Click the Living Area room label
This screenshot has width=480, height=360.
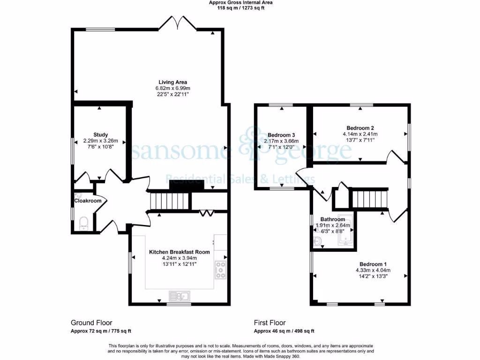pyautogui.click(x=172, y=82)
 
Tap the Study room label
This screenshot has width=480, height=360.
pyautogui.click(x=101, y=134)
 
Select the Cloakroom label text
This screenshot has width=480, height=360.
pyautogui.click(x=88, y=201)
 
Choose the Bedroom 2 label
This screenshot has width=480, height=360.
pyautogui.click(x=360, y=127)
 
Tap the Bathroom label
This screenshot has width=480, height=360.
pyautogui.click(x=333, y=219)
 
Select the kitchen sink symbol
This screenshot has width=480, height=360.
pyautogui.click(x=180, y=296)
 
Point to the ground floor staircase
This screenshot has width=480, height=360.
pyautogui.click(x=170, y=200)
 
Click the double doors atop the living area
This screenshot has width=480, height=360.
pyautogui.click(x=180, y=22)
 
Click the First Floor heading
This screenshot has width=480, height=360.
pyautogui.click(x=270, y=322)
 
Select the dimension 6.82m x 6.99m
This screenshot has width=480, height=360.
pyautogui.click(x=172, y=88)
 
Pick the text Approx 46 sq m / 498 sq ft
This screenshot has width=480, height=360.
pyautogui.click(x=284, y=331)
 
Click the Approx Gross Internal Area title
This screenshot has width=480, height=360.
pyautogui.click(x=240, y=2)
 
